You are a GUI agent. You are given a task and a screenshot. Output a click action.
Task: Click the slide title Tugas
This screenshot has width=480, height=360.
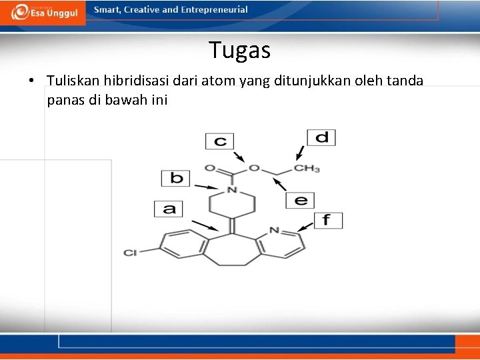(x=239, y=50)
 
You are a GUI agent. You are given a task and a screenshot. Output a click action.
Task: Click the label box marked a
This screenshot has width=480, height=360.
(x=169, y=209)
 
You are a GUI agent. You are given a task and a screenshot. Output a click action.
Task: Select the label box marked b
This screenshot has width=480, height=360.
(x=176, y=178)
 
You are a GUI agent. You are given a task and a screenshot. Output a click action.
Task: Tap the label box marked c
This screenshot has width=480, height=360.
(x=220, y=141)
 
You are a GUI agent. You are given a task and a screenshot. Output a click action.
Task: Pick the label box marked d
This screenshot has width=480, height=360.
(x=321, y=137)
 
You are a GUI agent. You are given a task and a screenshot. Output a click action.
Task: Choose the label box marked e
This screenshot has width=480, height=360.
(x=300, y=199)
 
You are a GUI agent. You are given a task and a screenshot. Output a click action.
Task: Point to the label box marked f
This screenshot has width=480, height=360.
(x=327, y=220)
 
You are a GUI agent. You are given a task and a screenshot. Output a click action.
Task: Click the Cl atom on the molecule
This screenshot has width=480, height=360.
(x=130, y=253)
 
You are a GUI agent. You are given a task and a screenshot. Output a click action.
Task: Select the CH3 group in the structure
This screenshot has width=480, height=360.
(x=307, y=169)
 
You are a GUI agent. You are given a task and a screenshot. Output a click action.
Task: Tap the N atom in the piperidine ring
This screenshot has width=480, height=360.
(x=231, y=190)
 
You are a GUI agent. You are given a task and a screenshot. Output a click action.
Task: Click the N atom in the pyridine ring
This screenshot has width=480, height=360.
(x=274, y=231)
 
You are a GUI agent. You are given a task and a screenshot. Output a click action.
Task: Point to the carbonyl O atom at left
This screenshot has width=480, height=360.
(x=210, y=169)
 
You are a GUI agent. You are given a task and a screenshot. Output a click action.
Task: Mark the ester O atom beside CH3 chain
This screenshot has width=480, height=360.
(x=253, y=168)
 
